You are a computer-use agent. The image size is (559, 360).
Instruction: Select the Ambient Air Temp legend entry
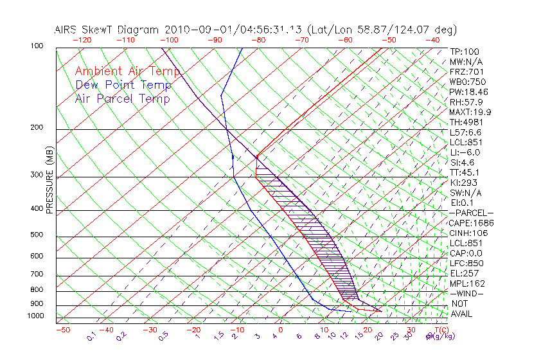127,71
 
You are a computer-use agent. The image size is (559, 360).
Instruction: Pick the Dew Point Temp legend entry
123,85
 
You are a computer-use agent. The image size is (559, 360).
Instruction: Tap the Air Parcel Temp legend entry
122,98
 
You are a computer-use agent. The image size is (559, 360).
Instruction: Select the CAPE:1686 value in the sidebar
471,223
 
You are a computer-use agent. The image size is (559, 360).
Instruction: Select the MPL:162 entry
467,283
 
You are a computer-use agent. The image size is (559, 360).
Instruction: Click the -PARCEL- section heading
471,213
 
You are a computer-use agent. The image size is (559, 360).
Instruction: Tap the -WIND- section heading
467,293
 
